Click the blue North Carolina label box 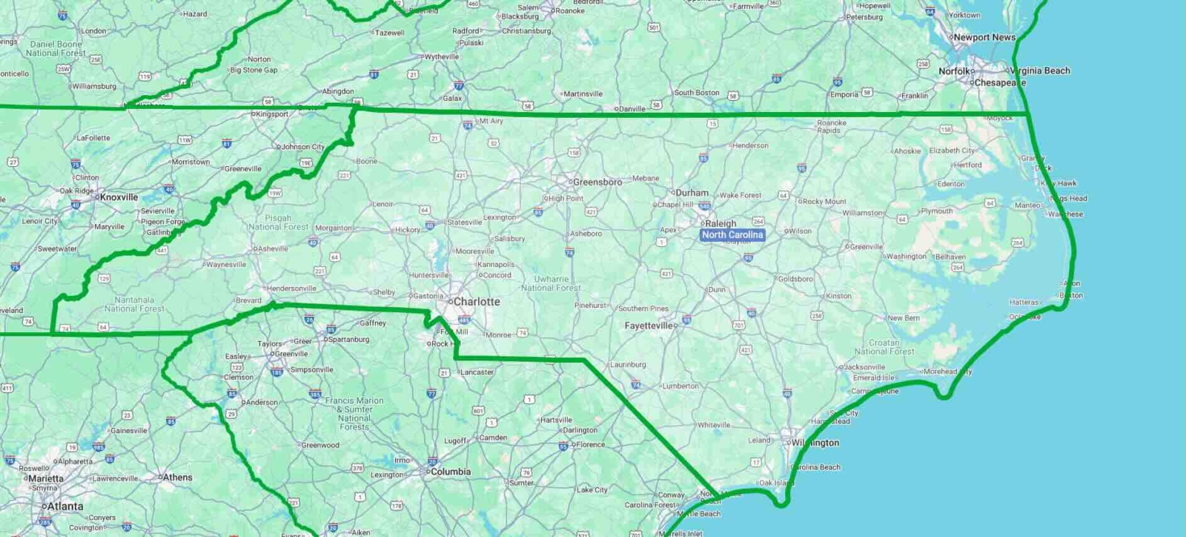pyautogui.click(x=732, y=235)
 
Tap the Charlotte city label pyautogui.click(x=476, y=302)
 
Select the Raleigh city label pyautogui.click(x=720, y=223)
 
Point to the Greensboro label pyautogui.click(x=597, y=182)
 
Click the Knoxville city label pyautogui.click(x=119, y=197)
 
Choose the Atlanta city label pyautogui.click(x=64, y=507)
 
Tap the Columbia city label pyautogui.click(x=450, y=472)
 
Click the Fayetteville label pyautogui.click(x=649, y=326)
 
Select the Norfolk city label pyautogui.click(x=954, y=71)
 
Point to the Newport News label pyautogui.click(x=984, y=37)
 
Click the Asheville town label pyautogui.click(x=273, y=248)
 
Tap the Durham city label pyautogui.click(x=692, y=193)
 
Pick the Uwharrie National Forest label pyautogui.click(x=551, y=283)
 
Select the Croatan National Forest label pyautogui.click(x=884, y=347)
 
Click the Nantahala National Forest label pyautogui.click(x=134, y=304)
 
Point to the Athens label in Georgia pyautogui.click(x=177, y=478)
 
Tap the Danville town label pyautogui.click(x=632, y=109)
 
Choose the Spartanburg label pyautogui.click(x=348, y=340)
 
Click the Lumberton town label pyautogui.click(x=680, y=386)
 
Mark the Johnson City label pyautogui.click(x=302, y=147)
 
